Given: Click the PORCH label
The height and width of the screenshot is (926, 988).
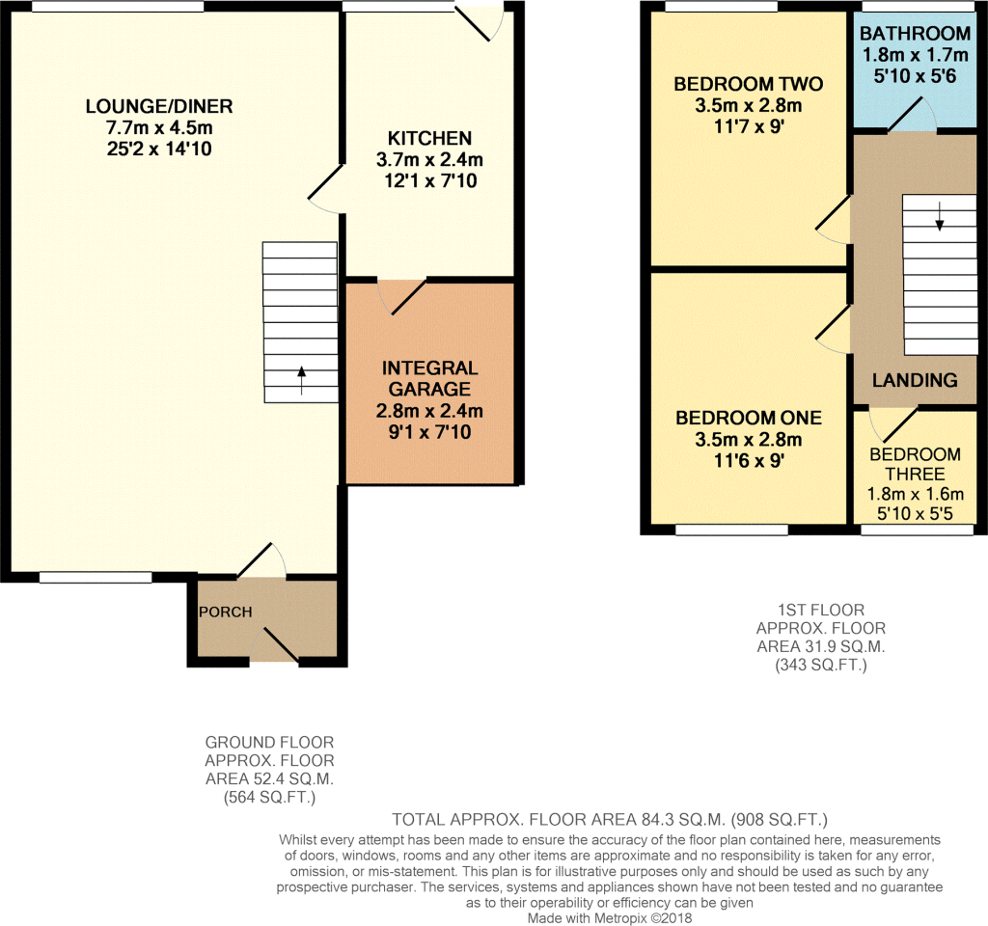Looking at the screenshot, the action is point(225,612).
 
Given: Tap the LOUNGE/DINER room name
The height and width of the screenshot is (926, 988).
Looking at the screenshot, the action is point(159,106).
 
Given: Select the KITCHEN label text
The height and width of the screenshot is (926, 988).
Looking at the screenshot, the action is point(429,138).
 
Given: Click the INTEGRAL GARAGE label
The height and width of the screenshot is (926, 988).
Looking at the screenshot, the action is point(429,378).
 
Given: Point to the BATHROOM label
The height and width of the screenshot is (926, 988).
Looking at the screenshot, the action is point(915,33).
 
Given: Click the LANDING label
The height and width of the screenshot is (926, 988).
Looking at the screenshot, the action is point(915,380).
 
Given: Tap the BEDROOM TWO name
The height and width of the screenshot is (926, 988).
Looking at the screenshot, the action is point(749,84).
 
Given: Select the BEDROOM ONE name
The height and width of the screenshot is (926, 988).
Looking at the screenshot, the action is point(749,418).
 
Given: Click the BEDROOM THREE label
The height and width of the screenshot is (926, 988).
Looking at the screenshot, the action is point(915,464).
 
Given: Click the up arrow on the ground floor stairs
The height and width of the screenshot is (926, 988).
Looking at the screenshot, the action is point(301,380).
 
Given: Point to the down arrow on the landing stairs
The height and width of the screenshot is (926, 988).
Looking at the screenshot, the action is point(940,216).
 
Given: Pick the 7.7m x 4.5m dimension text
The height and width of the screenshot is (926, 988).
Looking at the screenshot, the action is point(159,128).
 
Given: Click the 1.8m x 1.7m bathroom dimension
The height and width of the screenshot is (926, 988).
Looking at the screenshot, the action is point(915,55).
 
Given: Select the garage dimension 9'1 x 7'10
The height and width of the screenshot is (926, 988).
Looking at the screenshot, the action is point(429,432).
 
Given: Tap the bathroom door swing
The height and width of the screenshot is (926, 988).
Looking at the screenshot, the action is point(911,115).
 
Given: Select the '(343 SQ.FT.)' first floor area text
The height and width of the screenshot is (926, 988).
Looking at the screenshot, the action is point(821,665).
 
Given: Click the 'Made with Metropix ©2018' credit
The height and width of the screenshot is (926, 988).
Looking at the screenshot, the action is point(610,918).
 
